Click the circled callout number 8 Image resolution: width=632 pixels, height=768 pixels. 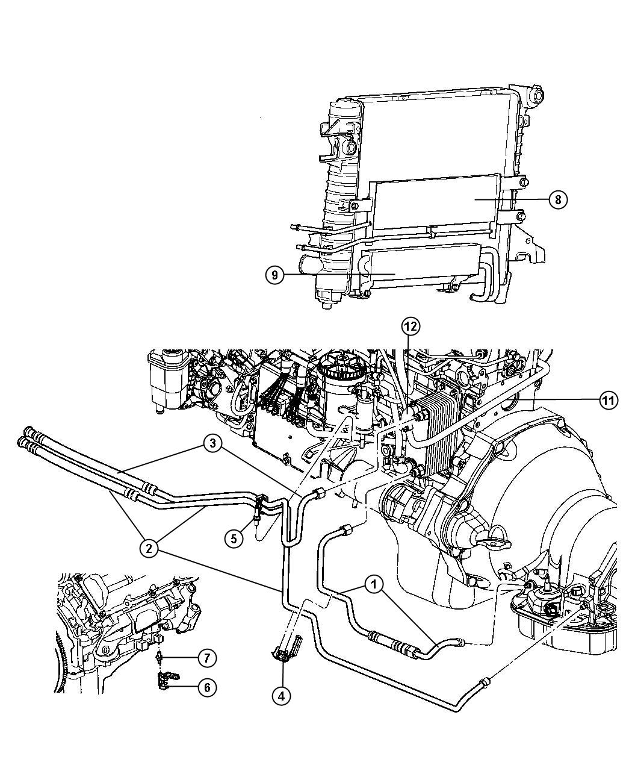coord(558,199)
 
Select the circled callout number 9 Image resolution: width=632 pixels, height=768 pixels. coord(274,275)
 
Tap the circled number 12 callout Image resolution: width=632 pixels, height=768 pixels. coord(410,327)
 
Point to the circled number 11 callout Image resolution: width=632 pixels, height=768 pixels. coord(609,399)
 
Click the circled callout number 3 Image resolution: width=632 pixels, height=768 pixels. coord(211,445)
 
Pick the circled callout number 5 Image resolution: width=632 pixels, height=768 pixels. coord(234,538)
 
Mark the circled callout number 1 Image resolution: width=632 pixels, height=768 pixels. coord(374,584)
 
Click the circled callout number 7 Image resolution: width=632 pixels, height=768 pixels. coord(206,658)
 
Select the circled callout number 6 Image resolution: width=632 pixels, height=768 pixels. coord(206,687)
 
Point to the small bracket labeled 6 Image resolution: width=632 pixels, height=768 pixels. coord(163,681)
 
